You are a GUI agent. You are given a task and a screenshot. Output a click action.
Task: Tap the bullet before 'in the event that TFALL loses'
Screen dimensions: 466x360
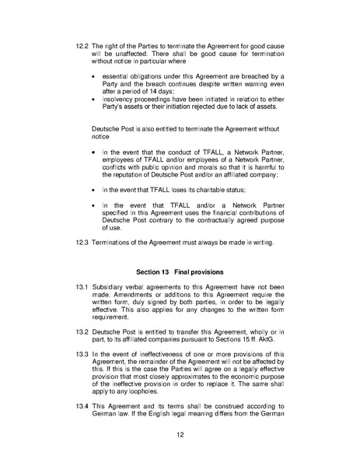click(95, 188)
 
